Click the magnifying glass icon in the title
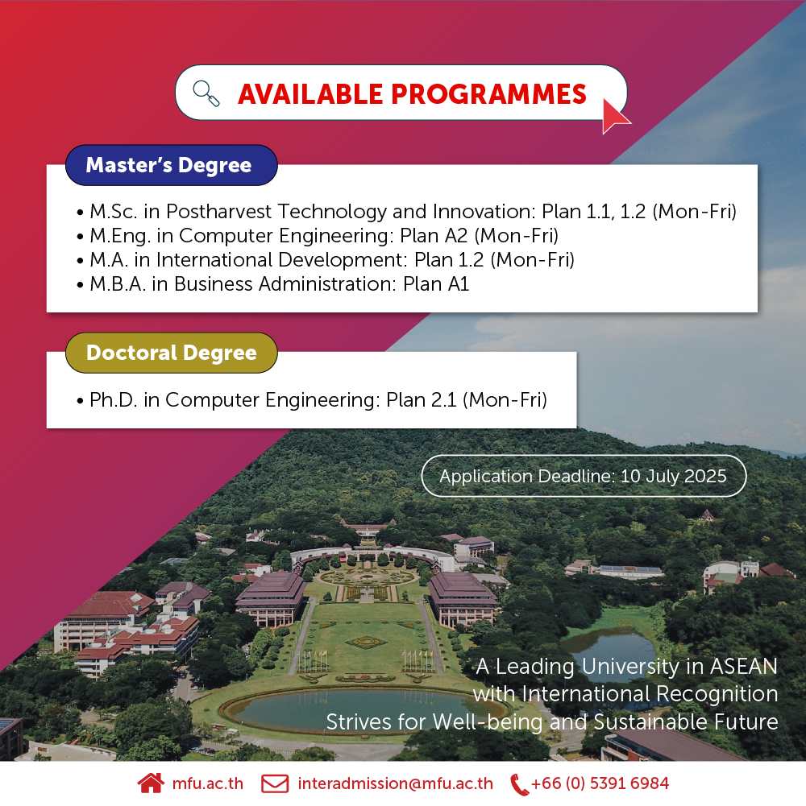coord(206,93)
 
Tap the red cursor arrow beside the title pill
coord(614,117)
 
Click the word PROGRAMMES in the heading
coord(488,94)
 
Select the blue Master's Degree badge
coord(172,165)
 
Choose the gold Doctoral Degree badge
coord(172,353)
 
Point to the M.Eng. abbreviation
coord(120,236)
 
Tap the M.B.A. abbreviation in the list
coord(118,283)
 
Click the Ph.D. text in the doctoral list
coord(113,400)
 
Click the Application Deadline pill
coord(584,476)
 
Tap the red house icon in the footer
coord(151,783)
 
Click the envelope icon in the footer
coord(275,783)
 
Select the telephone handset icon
coord(519,784)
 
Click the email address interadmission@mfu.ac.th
coord(395,783)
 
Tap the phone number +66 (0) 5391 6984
coord(600,783)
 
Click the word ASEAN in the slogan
coord(744,666)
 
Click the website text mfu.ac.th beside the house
coord(207,783)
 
